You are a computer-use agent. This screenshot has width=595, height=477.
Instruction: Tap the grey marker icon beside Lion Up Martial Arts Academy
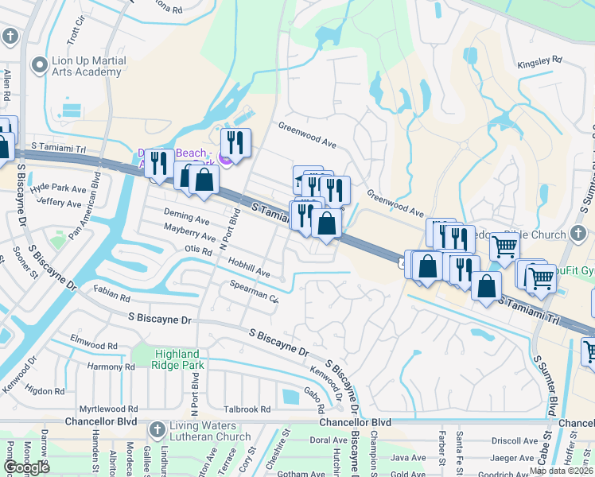(x=37, y=64)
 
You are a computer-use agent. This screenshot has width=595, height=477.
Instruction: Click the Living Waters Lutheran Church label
(x=210, y=431)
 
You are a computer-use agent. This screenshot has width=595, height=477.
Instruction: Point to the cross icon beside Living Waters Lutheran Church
(x=156, y=429)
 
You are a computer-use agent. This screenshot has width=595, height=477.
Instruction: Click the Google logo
(x=26, y=467)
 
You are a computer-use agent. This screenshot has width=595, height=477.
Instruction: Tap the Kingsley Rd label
(x=539, y=60)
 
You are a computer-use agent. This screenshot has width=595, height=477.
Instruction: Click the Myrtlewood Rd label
(x=111, y=409)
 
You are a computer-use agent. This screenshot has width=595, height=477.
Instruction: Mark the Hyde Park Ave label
(x=57, y=189)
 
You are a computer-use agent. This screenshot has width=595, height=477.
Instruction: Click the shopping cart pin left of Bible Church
(x=504, y=247)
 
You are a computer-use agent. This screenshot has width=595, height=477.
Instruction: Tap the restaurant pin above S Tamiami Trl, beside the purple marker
(x=235, y=142)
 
